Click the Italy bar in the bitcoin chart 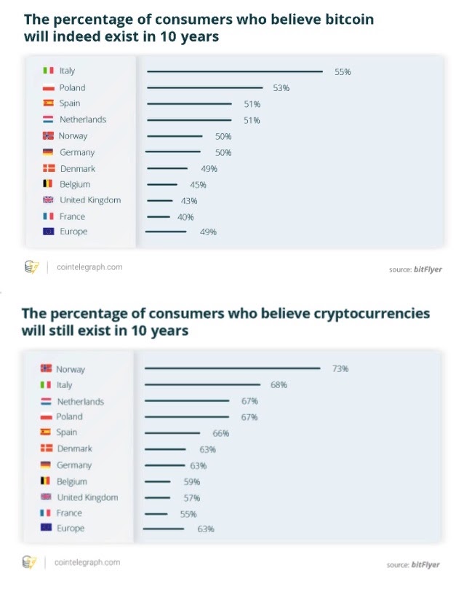[x=234, y=71]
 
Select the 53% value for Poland [x=281, y=88]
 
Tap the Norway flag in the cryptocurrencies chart [x=46, y=368]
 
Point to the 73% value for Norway [x=340, y=369]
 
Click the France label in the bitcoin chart [x=72, y=216]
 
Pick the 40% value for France [x=185, y=217]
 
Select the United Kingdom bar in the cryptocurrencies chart [x=158, y=498]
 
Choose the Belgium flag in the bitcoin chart [x=48, y=184]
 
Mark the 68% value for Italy [x=279, y=385]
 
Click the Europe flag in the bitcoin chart [x=48, y=232]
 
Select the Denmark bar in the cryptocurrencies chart [x=166, y=450]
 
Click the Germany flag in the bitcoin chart [x=48, y=152]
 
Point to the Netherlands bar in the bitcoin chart [x=189, y=120]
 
